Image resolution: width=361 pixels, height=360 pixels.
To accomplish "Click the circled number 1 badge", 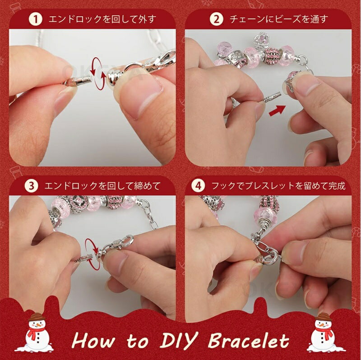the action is [36, 19].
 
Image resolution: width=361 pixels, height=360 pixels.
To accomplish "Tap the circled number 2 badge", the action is [217, 19].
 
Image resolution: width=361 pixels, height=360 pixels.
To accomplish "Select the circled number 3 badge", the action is [31, 186].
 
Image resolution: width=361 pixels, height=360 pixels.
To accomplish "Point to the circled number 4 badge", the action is [199, 186].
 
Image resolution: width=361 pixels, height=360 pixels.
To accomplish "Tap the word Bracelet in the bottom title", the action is [249, 341].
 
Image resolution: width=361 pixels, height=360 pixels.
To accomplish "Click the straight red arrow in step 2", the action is [278, 110].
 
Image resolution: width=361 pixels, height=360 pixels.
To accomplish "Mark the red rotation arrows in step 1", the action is [98, 74].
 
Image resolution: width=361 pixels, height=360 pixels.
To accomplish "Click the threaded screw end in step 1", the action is [81, 81].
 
